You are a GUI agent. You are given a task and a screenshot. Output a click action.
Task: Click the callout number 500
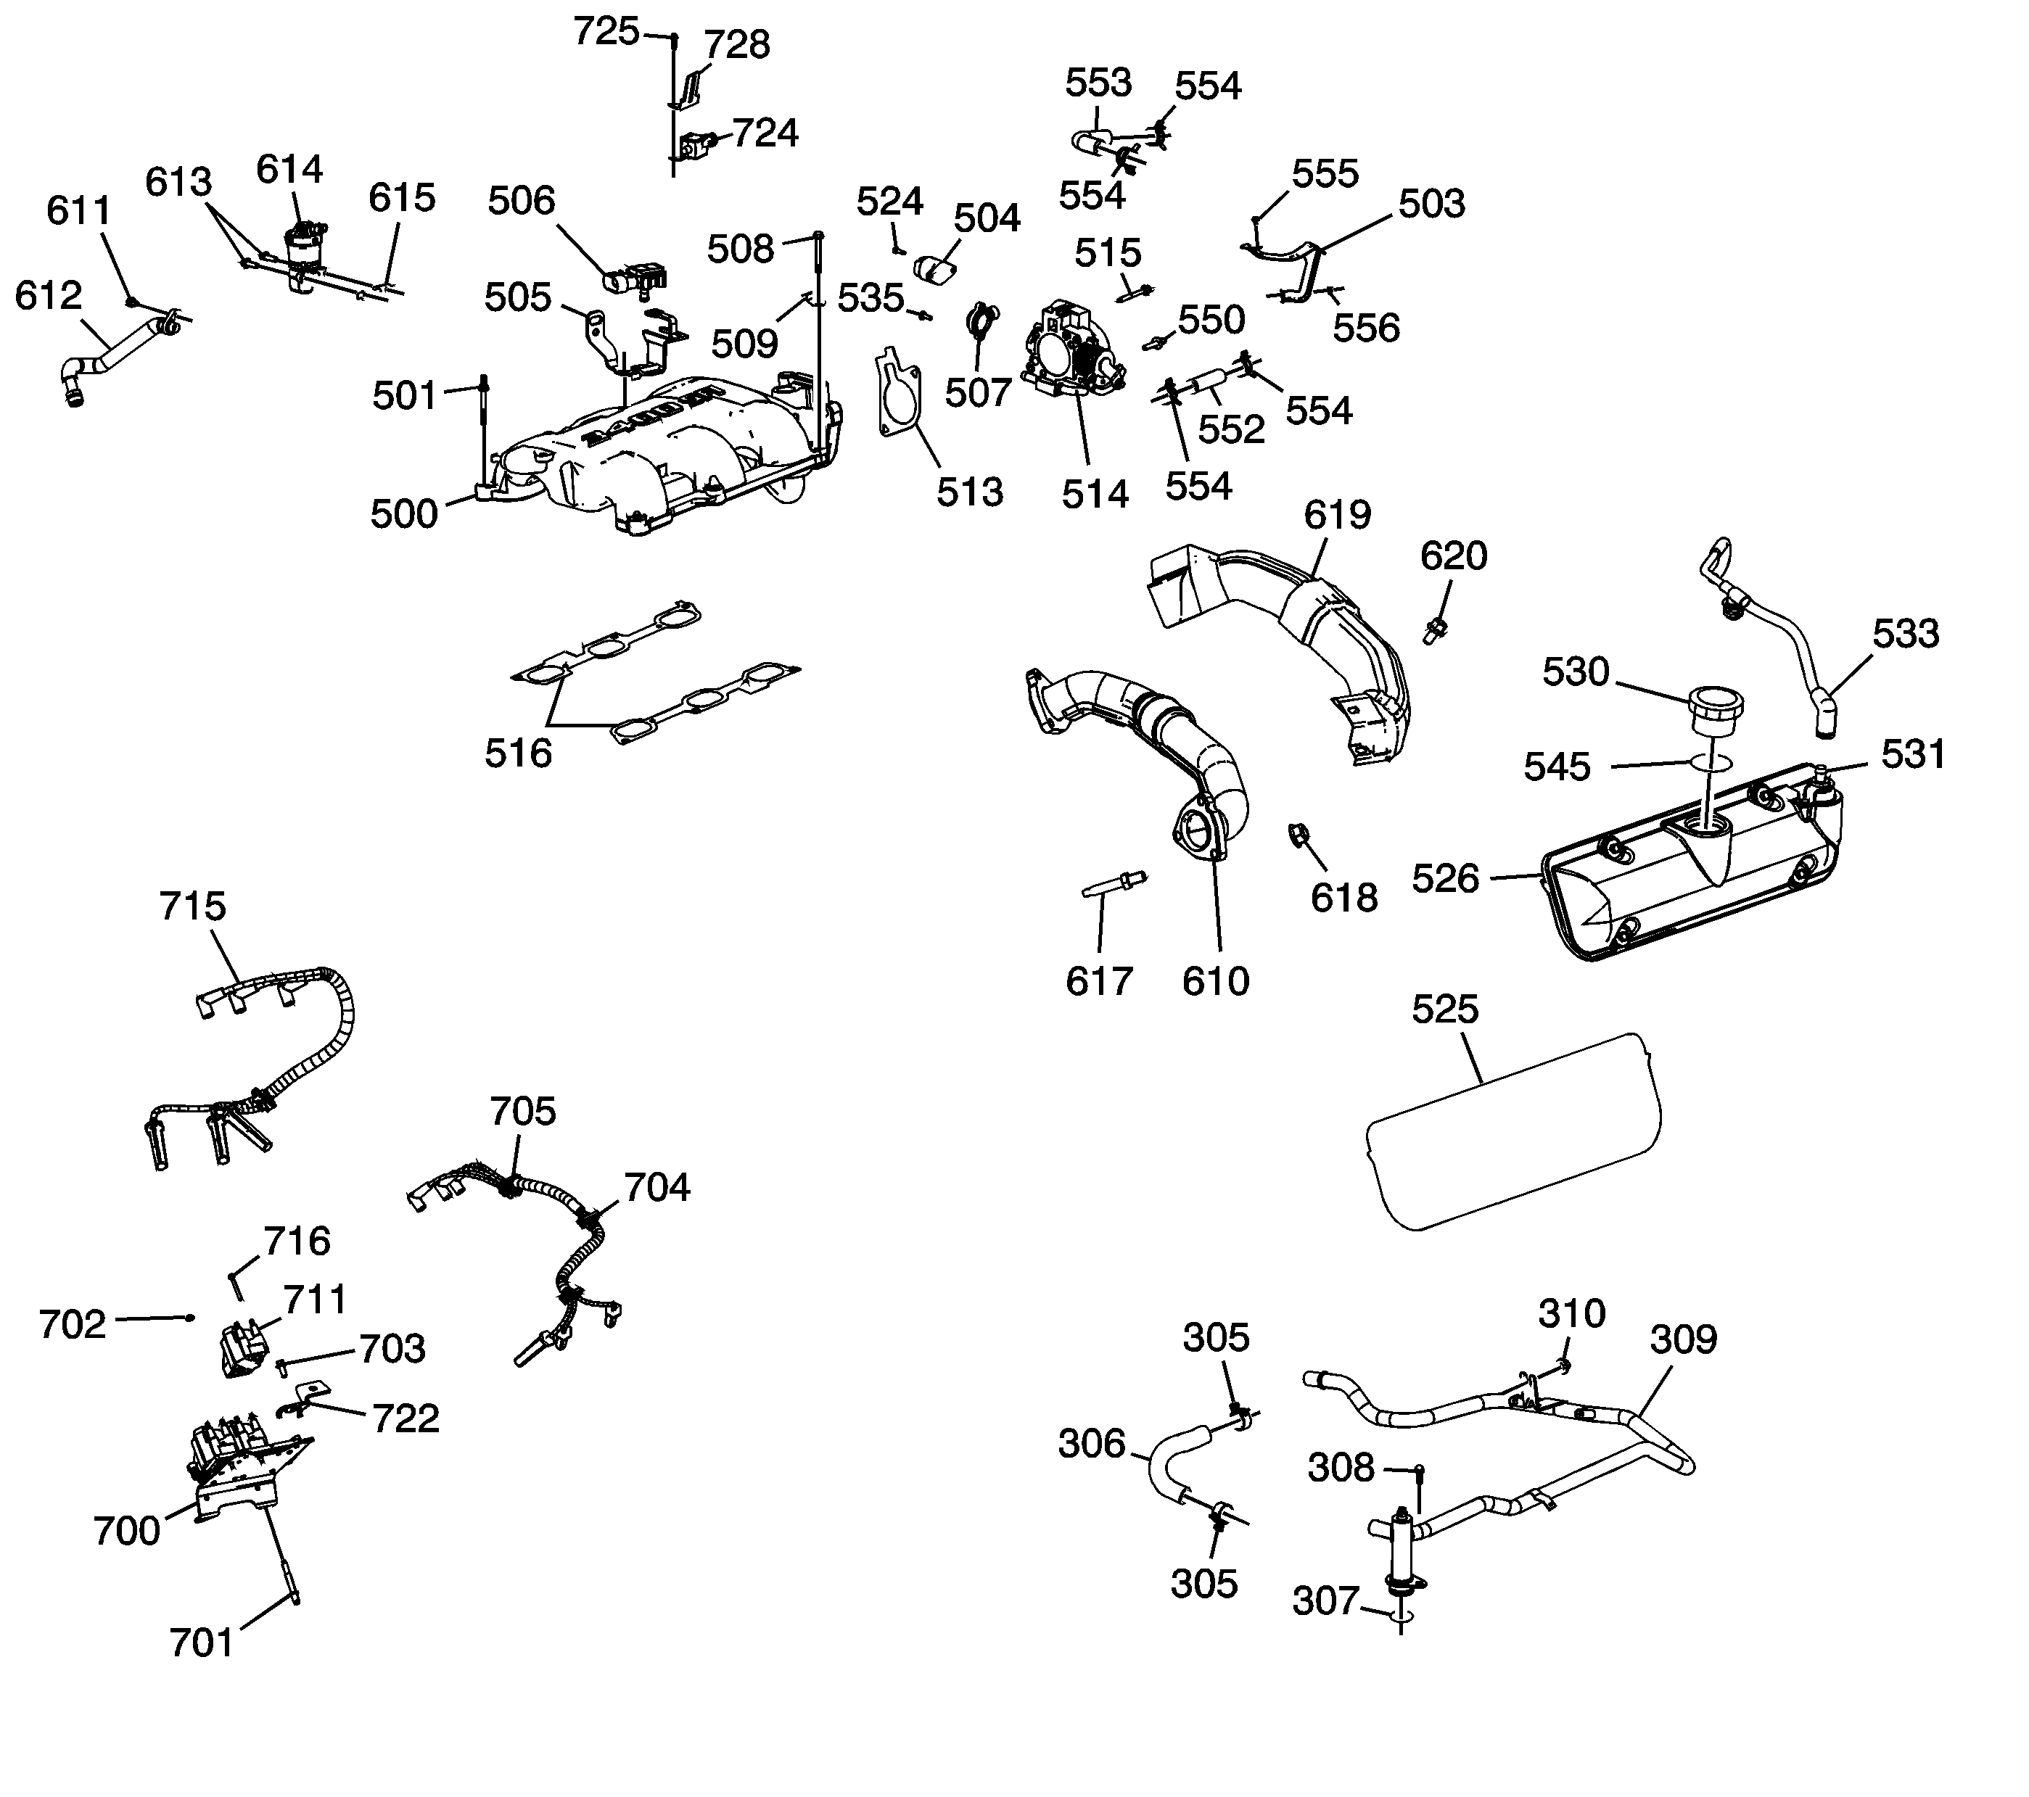coord(404,514)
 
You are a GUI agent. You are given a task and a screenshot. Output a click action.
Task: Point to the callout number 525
coord(1445,1009)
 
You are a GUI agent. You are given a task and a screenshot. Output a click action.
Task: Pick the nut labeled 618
coord(1296,835)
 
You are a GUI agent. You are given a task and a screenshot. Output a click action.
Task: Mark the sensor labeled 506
coord(633,278)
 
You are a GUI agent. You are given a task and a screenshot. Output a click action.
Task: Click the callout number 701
coord(202,1643)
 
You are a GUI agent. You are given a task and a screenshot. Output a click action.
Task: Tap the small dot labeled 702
coord(189,1317)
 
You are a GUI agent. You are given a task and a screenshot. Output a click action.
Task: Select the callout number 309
coord(1684,1339)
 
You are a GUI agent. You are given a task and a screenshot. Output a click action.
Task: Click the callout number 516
coord(517,753)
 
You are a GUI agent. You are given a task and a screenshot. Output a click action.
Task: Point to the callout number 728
coord(736,45)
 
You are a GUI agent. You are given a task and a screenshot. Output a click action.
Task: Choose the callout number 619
coord(1337,514)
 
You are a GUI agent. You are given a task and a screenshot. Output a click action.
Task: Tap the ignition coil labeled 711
coord(243,1347)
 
